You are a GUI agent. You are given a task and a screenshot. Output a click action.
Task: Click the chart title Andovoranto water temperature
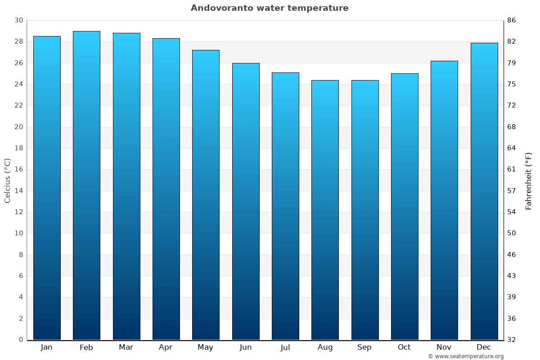coord(270,8)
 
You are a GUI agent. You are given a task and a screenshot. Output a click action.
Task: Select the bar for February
coord(86,185)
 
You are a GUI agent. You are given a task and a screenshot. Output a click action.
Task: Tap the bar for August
coord(325,210)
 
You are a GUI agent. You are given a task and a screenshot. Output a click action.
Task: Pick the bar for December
coord(484,191)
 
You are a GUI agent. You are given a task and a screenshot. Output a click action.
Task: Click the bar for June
coord(246,201)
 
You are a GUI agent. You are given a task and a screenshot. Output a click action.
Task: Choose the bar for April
coord(166,189)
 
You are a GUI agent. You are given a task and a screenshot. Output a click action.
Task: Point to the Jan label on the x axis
coord(47,347)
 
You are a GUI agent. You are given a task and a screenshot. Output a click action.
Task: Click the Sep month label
coord(364,347)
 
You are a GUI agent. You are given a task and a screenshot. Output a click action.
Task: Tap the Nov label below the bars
coord(444,347)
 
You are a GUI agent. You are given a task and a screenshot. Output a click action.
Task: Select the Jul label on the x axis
coord(285,347)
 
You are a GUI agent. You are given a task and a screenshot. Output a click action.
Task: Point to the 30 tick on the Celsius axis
coord(18,20)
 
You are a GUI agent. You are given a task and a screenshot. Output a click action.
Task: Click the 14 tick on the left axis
coord(18,191)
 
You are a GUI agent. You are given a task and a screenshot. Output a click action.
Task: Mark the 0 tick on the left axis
coord(21,340)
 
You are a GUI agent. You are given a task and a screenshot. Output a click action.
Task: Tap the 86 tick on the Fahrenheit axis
coord(511,20)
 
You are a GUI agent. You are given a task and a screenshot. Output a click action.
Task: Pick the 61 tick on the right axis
coord(511,169)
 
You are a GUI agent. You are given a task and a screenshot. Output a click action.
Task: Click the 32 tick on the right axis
coord(511,340)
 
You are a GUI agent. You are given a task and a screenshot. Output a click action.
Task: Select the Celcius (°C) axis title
coord(7,180)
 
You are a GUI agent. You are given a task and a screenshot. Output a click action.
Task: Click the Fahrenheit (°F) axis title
coord(528,180)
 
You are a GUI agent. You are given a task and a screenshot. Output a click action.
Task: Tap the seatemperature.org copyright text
coord(466,356)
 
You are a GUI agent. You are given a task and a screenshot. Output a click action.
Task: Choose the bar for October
coord(405,207)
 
